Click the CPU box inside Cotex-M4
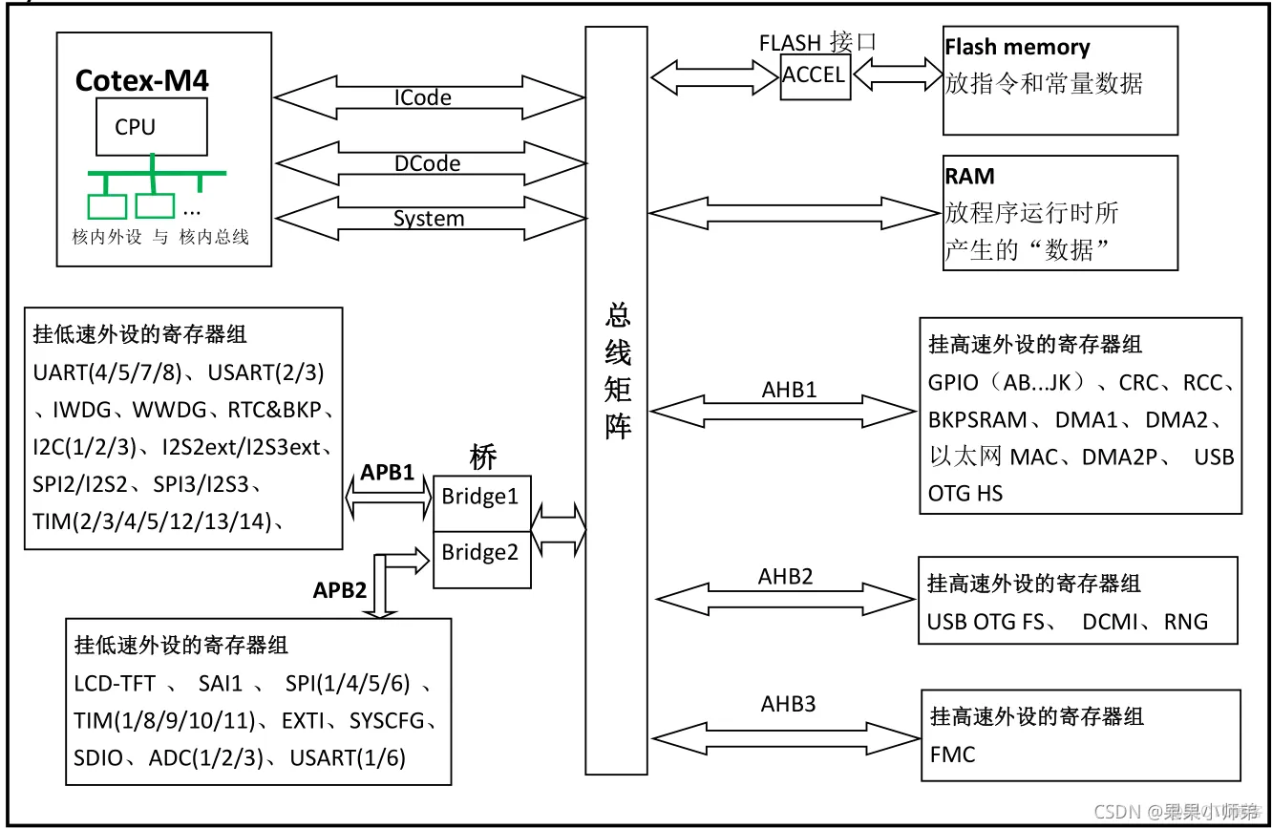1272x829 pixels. pos(151,128)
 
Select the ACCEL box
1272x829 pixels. pos(814,74)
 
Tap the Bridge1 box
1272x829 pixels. pos(480,497)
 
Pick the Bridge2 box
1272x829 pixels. pos(480,553)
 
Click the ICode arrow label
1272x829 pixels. pos(423,97)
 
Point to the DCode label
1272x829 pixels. pos(428,163)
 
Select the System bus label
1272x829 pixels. pos(429,219)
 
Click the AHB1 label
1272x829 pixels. pos(790,390)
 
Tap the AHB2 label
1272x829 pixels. pos(786,577)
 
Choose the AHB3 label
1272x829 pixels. pos(789,705)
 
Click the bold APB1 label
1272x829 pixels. pos(387,472)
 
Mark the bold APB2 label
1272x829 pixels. pos(340,590)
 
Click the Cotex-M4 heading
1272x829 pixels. pos(141,80)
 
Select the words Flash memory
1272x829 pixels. pos(1017,48)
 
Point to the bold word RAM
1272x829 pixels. pos(969,177)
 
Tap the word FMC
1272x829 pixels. pos(952,755)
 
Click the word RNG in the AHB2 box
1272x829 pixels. pos(1186,623)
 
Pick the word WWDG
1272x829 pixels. pos(170,410)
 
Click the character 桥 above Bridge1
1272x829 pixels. pos(483,458)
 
